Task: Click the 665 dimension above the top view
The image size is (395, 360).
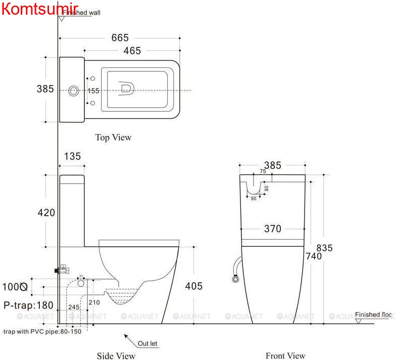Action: (x=120, y=38)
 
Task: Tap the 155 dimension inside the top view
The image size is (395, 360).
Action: (x=93, y=91)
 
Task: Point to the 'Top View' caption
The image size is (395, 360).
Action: (x=113, y=137)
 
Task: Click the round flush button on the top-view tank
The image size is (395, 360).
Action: (x=74, y=91)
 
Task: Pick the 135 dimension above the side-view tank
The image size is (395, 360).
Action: (x=72, y=156)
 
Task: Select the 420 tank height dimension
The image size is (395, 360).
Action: (x=46, y=213)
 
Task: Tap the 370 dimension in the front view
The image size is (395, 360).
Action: (x=273, y=229)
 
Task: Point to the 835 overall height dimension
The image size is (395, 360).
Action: (x=324, y=248)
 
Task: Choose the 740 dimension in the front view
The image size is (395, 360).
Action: (x=314, y=256)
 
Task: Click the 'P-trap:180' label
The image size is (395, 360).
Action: (x=28, y=305)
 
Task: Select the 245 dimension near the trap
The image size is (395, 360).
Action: (x=74, y=307)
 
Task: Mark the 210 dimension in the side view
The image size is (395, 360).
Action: (x=94, y=302)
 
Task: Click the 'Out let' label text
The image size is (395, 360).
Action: (x=147, y=344)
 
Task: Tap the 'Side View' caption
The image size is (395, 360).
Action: (x=116, y=356)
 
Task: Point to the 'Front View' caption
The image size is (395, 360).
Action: (x=285, y=356)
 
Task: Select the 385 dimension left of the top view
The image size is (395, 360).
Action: (x=45, y=89)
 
